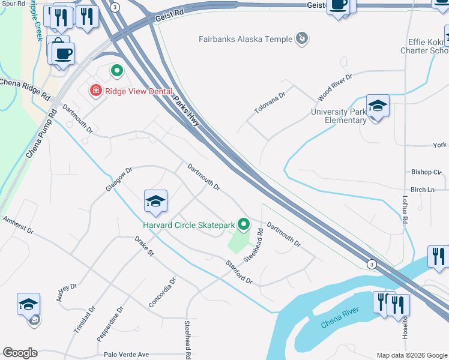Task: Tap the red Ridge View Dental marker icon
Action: pos(95,91)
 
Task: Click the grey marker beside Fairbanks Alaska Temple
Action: pos(302,40)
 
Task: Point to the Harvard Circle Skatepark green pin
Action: pos(243,224)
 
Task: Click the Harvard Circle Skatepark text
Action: pos(188,225)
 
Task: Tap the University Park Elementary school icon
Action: pos(378,106)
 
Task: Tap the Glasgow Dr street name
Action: pos(118,179)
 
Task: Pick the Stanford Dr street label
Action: pos(239,271)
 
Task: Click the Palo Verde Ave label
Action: pos(126,355)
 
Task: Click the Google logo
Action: pos(20,353)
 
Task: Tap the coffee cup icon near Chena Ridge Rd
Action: pos(62,53)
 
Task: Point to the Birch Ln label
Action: pos(423,190)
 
